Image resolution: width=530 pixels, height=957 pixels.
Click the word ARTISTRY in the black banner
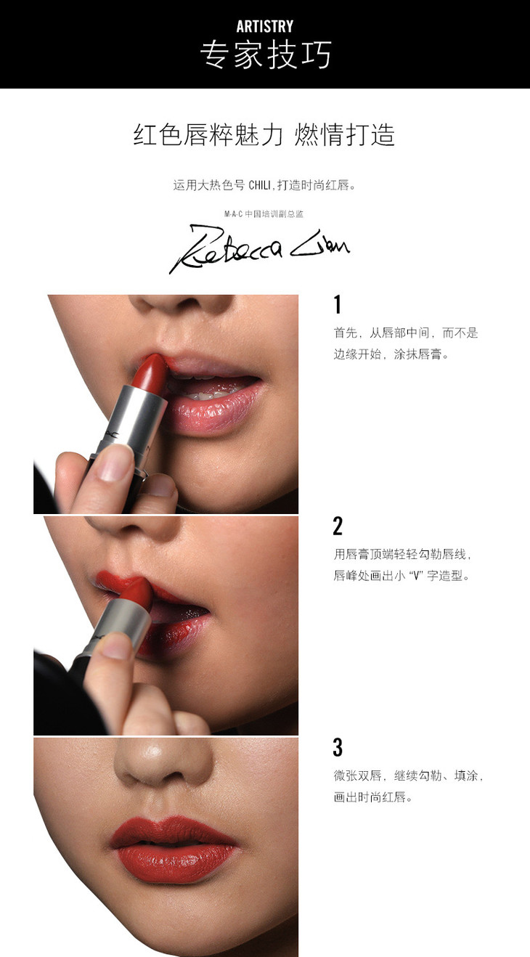265,26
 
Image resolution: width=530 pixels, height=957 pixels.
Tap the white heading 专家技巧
265,55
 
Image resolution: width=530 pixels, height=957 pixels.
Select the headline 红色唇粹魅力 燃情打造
264,135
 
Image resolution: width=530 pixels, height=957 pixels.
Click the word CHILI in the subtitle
260,185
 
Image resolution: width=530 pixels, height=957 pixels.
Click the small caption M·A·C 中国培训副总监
264,213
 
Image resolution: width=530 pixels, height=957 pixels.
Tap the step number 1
338,305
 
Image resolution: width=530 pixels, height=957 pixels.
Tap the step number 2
338,526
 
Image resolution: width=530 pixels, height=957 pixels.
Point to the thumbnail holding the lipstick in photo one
112,463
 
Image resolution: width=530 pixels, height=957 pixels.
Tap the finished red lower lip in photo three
176,859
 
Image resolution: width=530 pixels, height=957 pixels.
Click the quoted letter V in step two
415,576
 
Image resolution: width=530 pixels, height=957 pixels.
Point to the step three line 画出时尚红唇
373,797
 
